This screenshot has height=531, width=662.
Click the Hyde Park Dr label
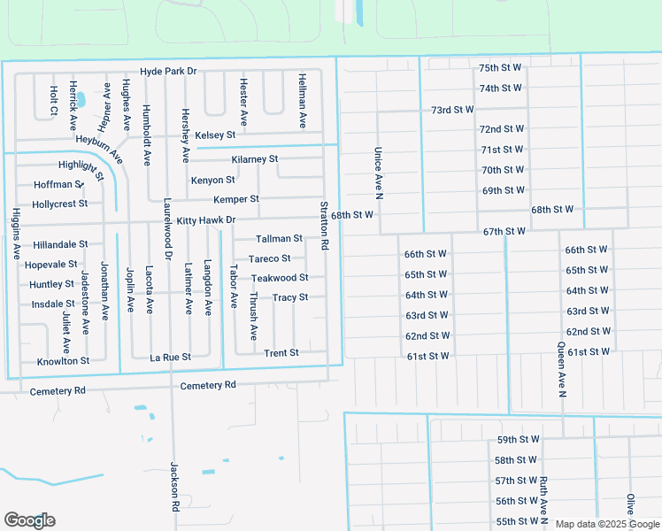click(x=167, y=71)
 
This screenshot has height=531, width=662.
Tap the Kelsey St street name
click(x=215, y=135)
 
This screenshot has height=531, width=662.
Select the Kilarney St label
click(x=254, y=159)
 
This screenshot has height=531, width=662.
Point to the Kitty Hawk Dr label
click(x=205, y=220)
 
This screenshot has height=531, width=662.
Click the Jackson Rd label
click(x=175, y=488)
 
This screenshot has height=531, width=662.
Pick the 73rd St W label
click(x=452, y=110)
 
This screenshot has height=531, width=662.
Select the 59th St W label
click(x=517, y=440)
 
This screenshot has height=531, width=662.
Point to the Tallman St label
click(x=279, y=239)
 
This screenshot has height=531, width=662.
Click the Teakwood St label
click(x=279, y=279)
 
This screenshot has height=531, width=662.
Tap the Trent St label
click(x=281, y=353)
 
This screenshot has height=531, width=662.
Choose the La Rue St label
click(x=170, y=358)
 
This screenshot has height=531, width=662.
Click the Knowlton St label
click(x=63, y=361)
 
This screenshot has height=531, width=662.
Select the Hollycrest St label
click(x=59, y=204)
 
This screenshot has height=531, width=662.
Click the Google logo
click(x=29, y=520)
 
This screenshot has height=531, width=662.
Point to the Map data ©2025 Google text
click(x=606, y=524)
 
